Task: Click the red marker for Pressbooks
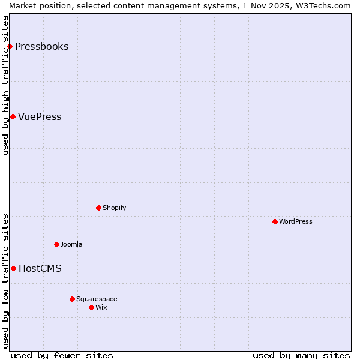click(10, 46)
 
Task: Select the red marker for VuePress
click(13, 116)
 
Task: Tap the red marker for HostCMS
click(13, 268)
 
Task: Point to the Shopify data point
click(98, 208)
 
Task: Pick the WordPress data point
click(275, 221)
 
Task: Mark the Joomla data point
click(56, 244)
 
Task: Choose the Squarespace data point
click(72, 299)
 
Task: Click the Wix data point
click(91, 307)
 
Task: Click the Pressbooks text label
click(41, 47)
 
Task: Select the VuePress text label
click(40, 117)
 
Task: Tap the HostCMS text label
click(40, 269)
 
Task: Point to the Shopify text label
click(114, 208)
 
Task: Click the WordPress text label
click(296, 222)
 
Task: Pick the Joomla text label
click(71, 245)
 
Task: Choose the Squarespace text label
click(97, 299)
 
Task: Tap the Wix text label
click(101, 308)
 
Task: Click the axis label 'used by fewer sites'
click(62, 355)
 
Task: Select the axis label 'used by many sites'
click(301, 355)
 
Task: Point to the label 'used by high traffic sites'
click(5, 85)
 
